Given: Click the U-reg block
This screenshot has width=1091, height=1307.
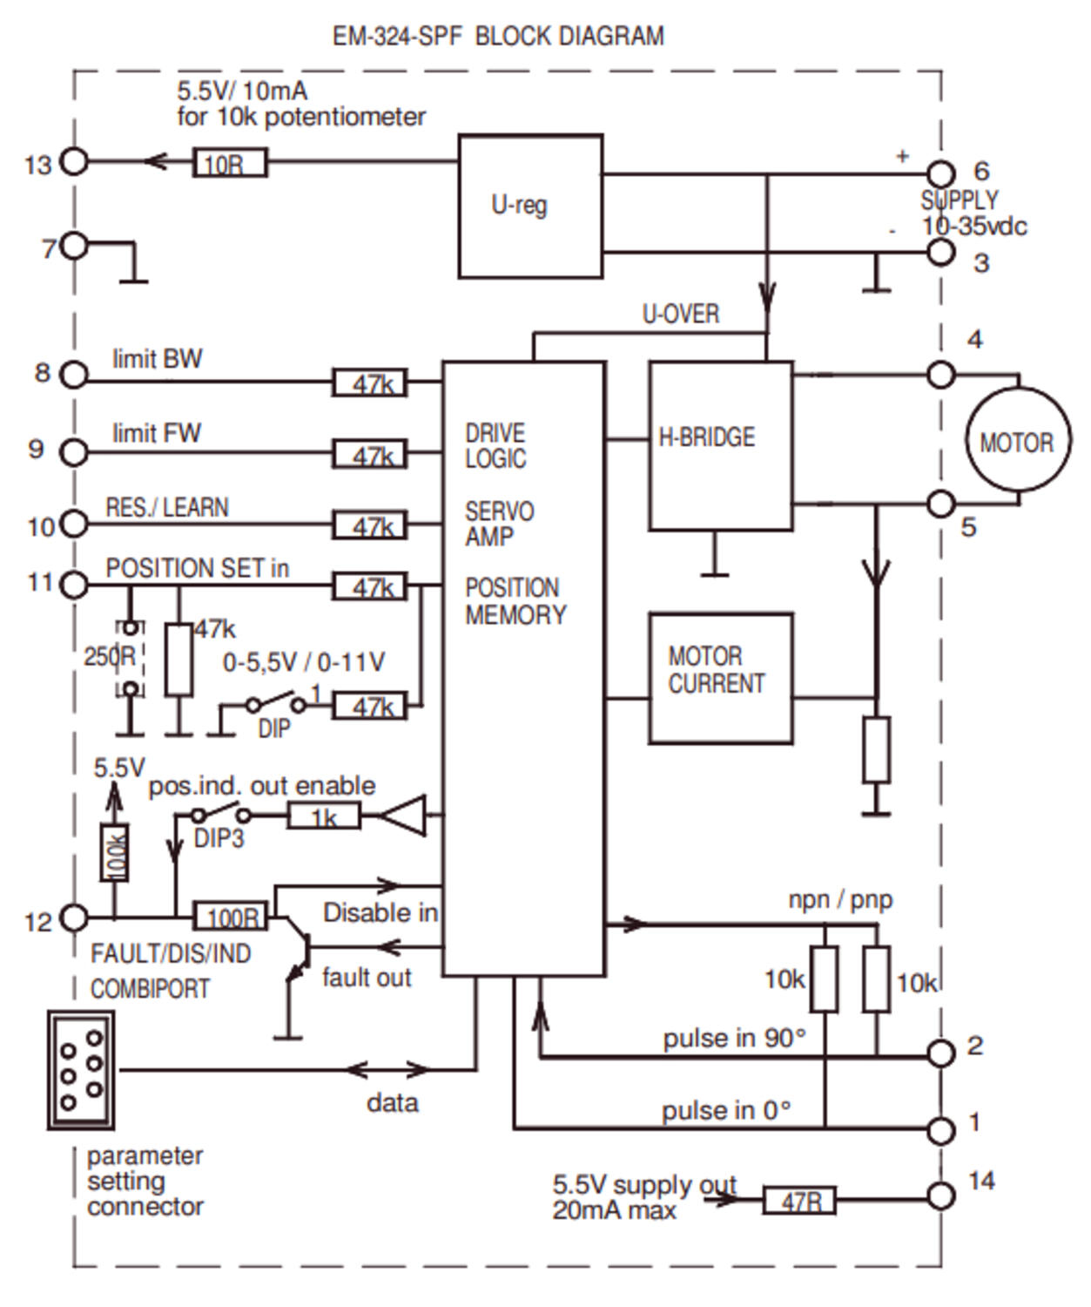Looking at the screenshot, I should [530, 207].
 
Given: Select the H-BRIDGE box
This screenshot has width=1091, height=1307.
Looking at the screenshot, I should [720, 445].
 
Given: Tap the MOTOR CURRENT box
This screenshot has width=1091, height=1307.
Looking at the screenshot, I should [720, 678].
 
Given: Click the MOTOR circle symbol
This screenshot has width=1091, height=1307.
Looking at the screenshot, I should [1017, 442].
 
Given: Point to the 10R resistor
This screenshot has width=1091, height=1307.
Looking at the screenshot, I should [229, 163].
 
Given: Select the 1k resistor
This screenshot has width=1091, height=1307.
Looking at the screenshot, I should [323, 816].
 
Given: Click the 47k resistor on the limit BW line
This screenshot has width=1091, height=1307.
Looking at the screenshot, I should [370, 383].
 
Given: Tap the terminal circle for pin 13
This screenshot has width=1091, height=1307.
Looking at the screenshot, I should [74, 162].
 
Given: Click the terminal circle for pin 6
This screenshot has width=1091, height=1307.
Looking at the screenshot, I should [940, 173].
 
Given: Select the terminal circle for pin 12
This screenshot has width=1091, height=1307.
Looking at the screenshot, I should [75, 918].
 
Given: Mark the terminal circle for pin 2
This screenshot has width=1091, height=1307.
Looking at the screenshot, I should [940, 1053].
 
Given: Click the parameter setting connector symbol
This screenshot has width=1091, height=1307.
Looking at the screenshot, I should [81, 1070].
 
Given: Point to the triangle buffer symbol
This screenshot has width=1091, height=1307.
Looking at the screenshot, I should [406, 816].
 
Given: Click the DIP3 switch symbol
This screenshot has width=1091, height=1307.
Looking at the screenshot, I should [220, 816].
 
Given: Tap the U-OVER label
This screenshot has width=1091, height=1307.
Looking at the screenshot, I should [680, 314].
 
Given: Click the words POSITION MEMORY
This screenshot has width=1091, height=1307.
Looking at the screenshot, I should [515, 601].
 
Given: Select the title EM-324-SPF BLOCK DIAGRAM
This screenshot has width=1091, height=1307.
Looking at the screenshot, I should [498, 37].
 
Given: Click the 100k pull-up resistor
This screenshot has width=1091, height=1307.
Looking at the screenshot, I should [115, 852].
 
